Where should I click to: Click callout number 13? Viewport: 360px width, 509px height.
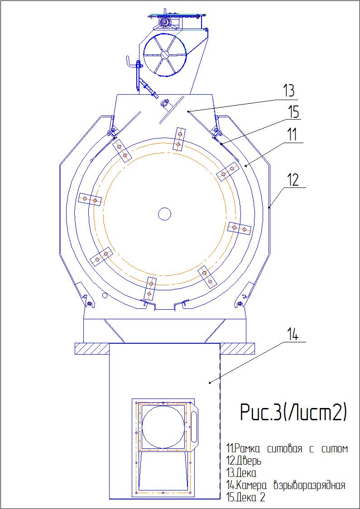[x=288, y=92]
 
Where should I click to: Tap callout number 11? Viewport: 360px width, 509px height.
[x=292, y=134]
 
